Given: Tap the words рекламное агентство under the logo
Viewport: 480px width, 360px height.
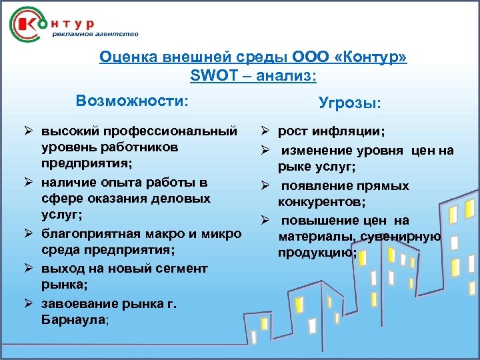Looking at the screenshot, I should point(95,33).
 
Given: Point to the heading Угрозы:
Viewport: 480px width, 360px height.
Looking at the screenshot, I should point(349,103).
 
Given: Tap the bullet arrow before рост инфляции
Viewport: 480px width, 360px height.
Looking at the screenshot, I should point(264,133).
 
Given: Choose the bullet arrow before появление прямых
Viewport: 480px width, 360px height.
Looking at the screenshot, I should point(264,185).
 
